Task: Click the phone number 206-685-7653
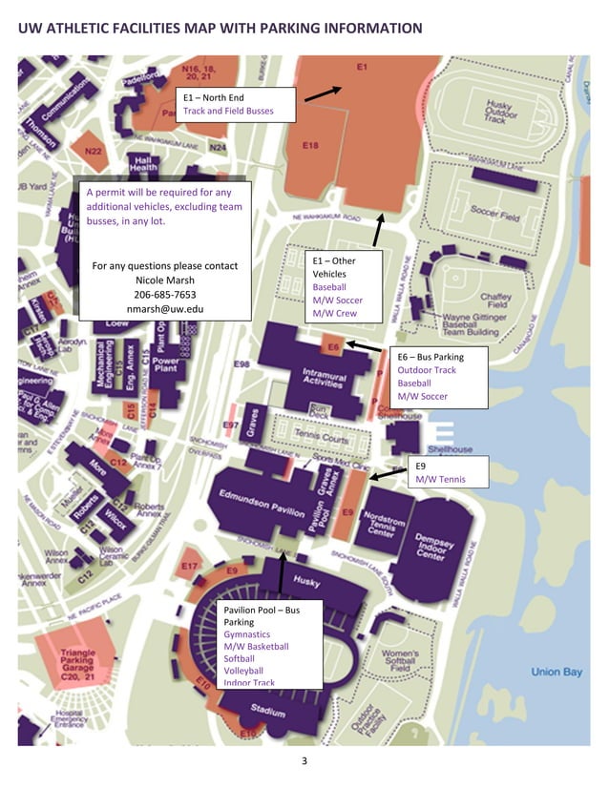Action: pos(164,295)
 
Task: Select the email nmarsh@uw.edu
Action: pos(164,310)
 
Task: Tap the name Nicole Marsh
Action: pos(164,280)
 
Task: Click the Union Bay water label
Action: pos(556,673)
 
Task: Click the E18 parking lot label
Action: pos(310,145)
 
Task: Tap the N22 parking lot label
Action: pos(93,152)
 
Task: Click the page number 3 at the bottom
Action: pos(304,760)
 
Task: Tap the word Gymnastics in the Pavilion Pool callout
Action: pos(246,634)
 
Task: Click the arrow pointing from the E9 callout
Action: pos(388,473)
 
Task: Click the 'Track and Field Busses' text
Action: pos(228,112)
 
